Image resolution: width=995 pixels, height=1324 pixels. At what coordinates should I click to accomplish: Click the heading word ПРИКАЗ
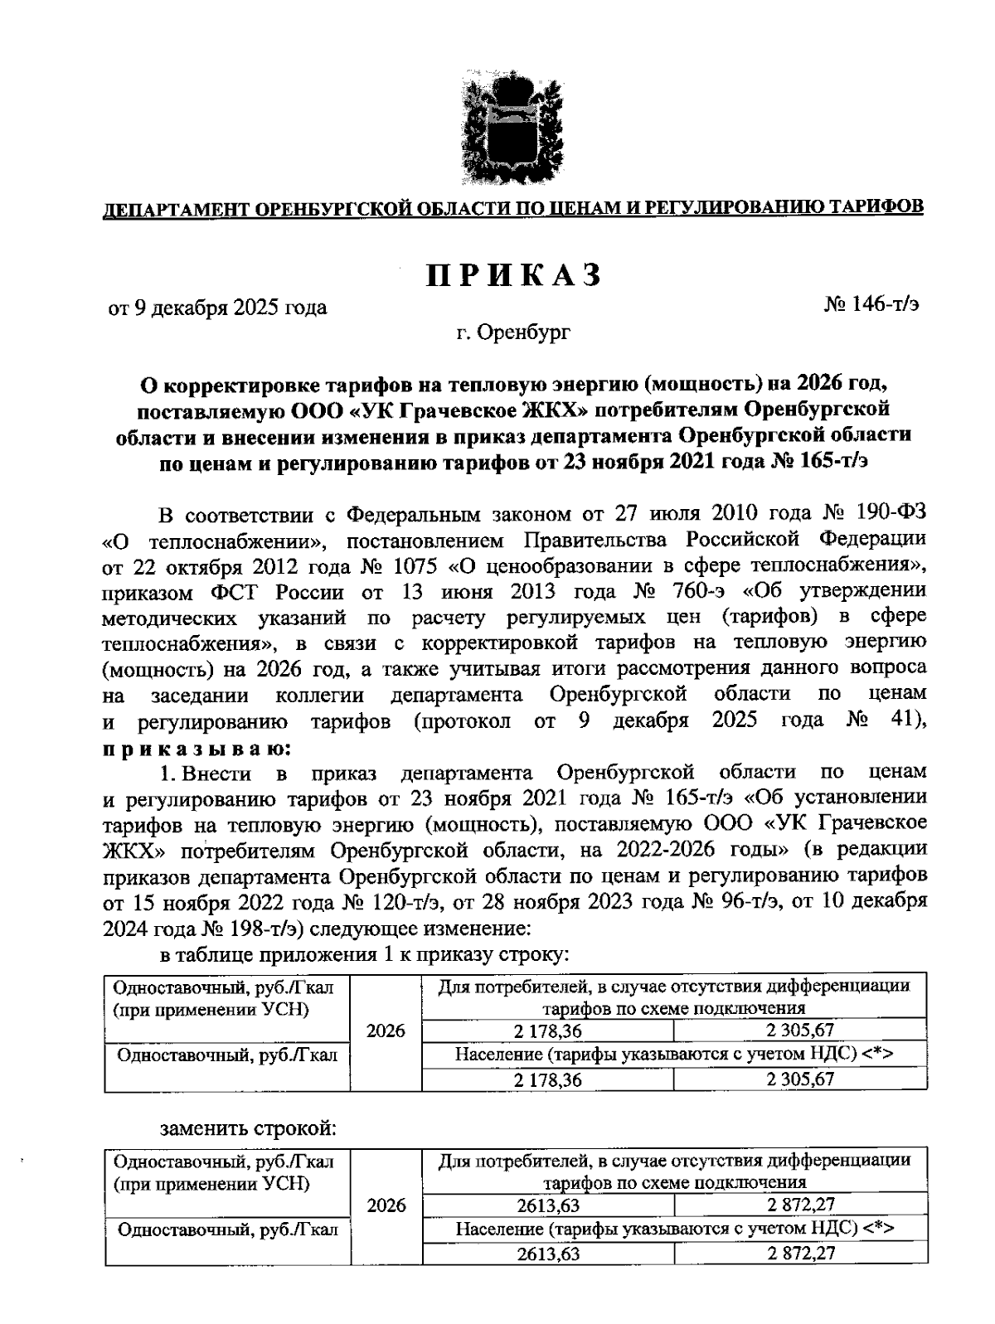tap(513, 275)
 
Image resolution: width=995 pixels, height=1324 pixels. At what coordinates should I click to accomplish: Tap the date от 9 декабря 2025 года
tap(218, 308)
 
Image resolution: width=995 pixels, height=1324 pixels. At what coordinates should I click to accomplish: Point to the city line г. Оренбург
tap(513, 333)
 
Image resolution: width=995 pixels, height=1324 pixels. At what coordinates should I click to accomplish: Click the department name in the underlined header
tap(513, 207)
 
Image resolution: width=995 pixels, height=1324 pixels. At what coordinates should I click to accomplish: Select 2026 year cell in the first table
tap(386, 1031)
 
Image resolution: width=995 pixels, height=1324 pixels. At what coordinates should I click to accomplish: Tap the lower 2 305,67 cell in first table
tap(800, 1079)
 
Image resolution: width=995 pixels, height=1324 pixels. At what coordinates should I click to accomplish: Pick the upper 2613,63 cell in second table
tap(548, 1205)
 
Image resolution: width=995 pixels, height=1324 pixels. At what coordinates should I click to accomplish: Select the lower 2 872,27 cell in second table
tap(801, 1253)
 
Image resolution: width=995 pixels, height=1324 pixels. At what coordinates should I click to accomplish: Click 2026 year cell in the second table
tap(386, 1205)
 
